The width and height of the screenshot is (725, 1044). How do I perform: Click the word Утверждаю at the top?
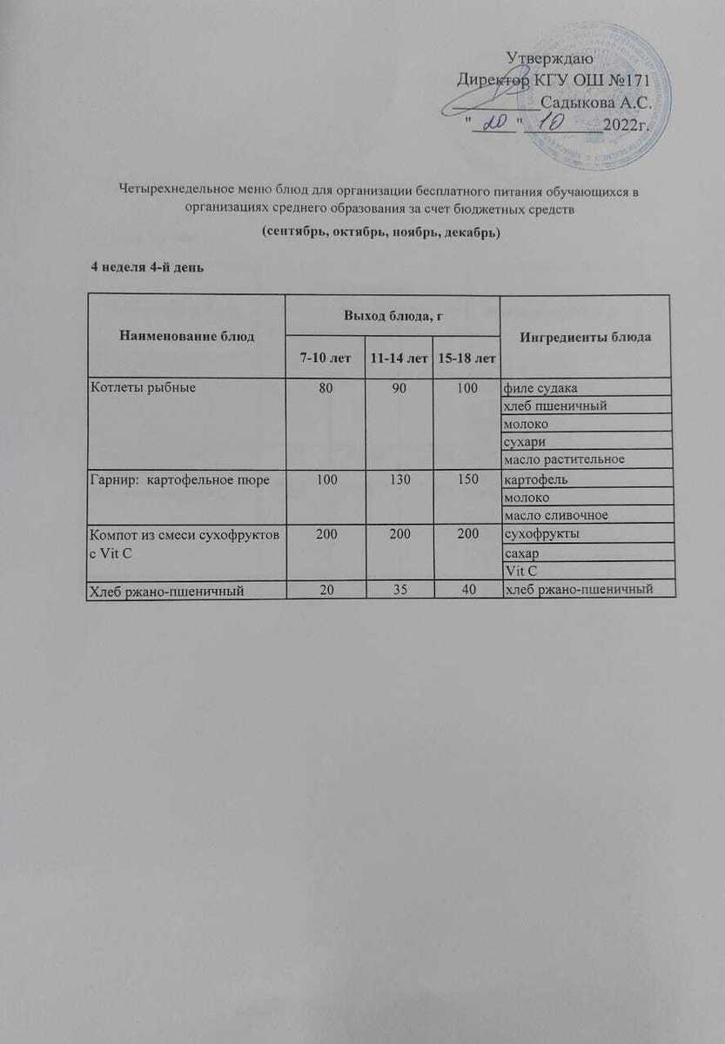click(549, 59)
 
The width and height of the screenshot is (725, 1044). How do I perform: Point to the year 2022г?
click(627, 124)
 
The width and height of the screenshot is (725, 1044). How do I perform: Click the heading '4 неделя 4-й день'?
click(148, 266)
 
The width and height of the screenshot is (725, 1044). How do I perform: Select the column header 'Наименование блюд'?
click(187, 337)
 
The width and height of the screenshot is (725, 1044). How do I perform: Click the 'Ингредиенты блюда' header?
click(585, 337)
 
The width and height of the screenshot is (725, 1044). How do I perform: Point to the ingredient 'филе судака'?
click(541, 387)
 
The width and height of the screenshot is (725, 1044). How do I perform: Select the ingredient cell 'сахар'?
click(521, 553)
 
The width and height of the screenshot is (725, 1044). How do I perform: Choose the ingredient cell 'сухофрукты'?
click(540, 535)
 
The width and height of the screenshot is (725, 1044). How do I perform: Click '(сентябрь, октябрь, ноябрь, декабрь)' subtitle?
click(379, 234)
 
